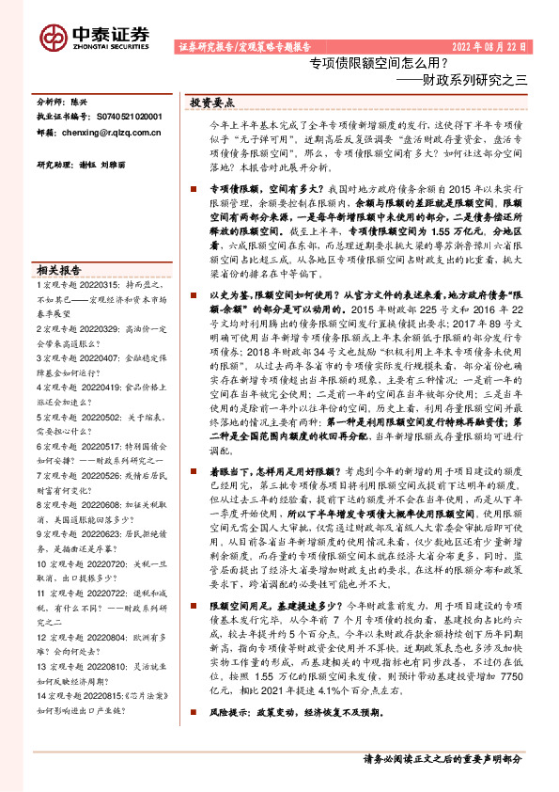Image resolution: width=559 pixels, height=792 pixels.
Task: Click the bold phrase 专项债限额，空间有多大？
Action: click(247, 188)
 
